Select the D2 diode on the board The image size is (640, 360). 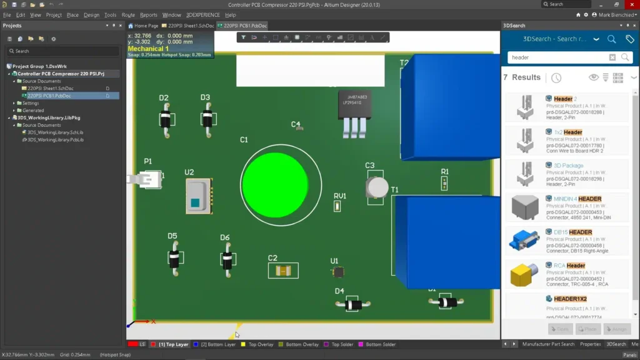click(x=165, y=118)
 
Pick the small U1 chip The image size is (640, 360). click(x=338, y=272)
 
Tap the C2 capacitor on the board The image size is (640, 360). click(x=282, y=271)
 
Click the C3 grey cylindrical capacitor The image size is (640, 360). click(x=377, y=187)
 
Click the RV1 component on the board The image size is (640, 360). click(x=337, y=206)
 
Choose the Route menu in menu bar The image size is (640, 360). click(x=128, y=15)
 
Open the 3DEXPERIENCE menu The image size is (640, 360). click(x=202, y=15)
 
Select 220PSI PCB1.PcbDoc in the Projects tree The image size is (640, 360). click(x=49, y=96)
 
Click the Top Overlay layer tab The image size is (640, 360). click(x=261, y=344)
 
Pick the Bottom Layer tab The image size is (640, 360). click(x=218, y=344)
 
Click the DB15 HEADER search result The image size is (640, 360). click(x=572, y=232)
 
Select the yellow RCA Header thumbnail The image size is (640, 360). click(x=524, y=274)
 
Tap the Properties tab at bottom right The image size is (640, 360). click(x=590, y=344)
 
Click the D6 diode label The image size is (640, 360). click(x=224, y=237)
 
